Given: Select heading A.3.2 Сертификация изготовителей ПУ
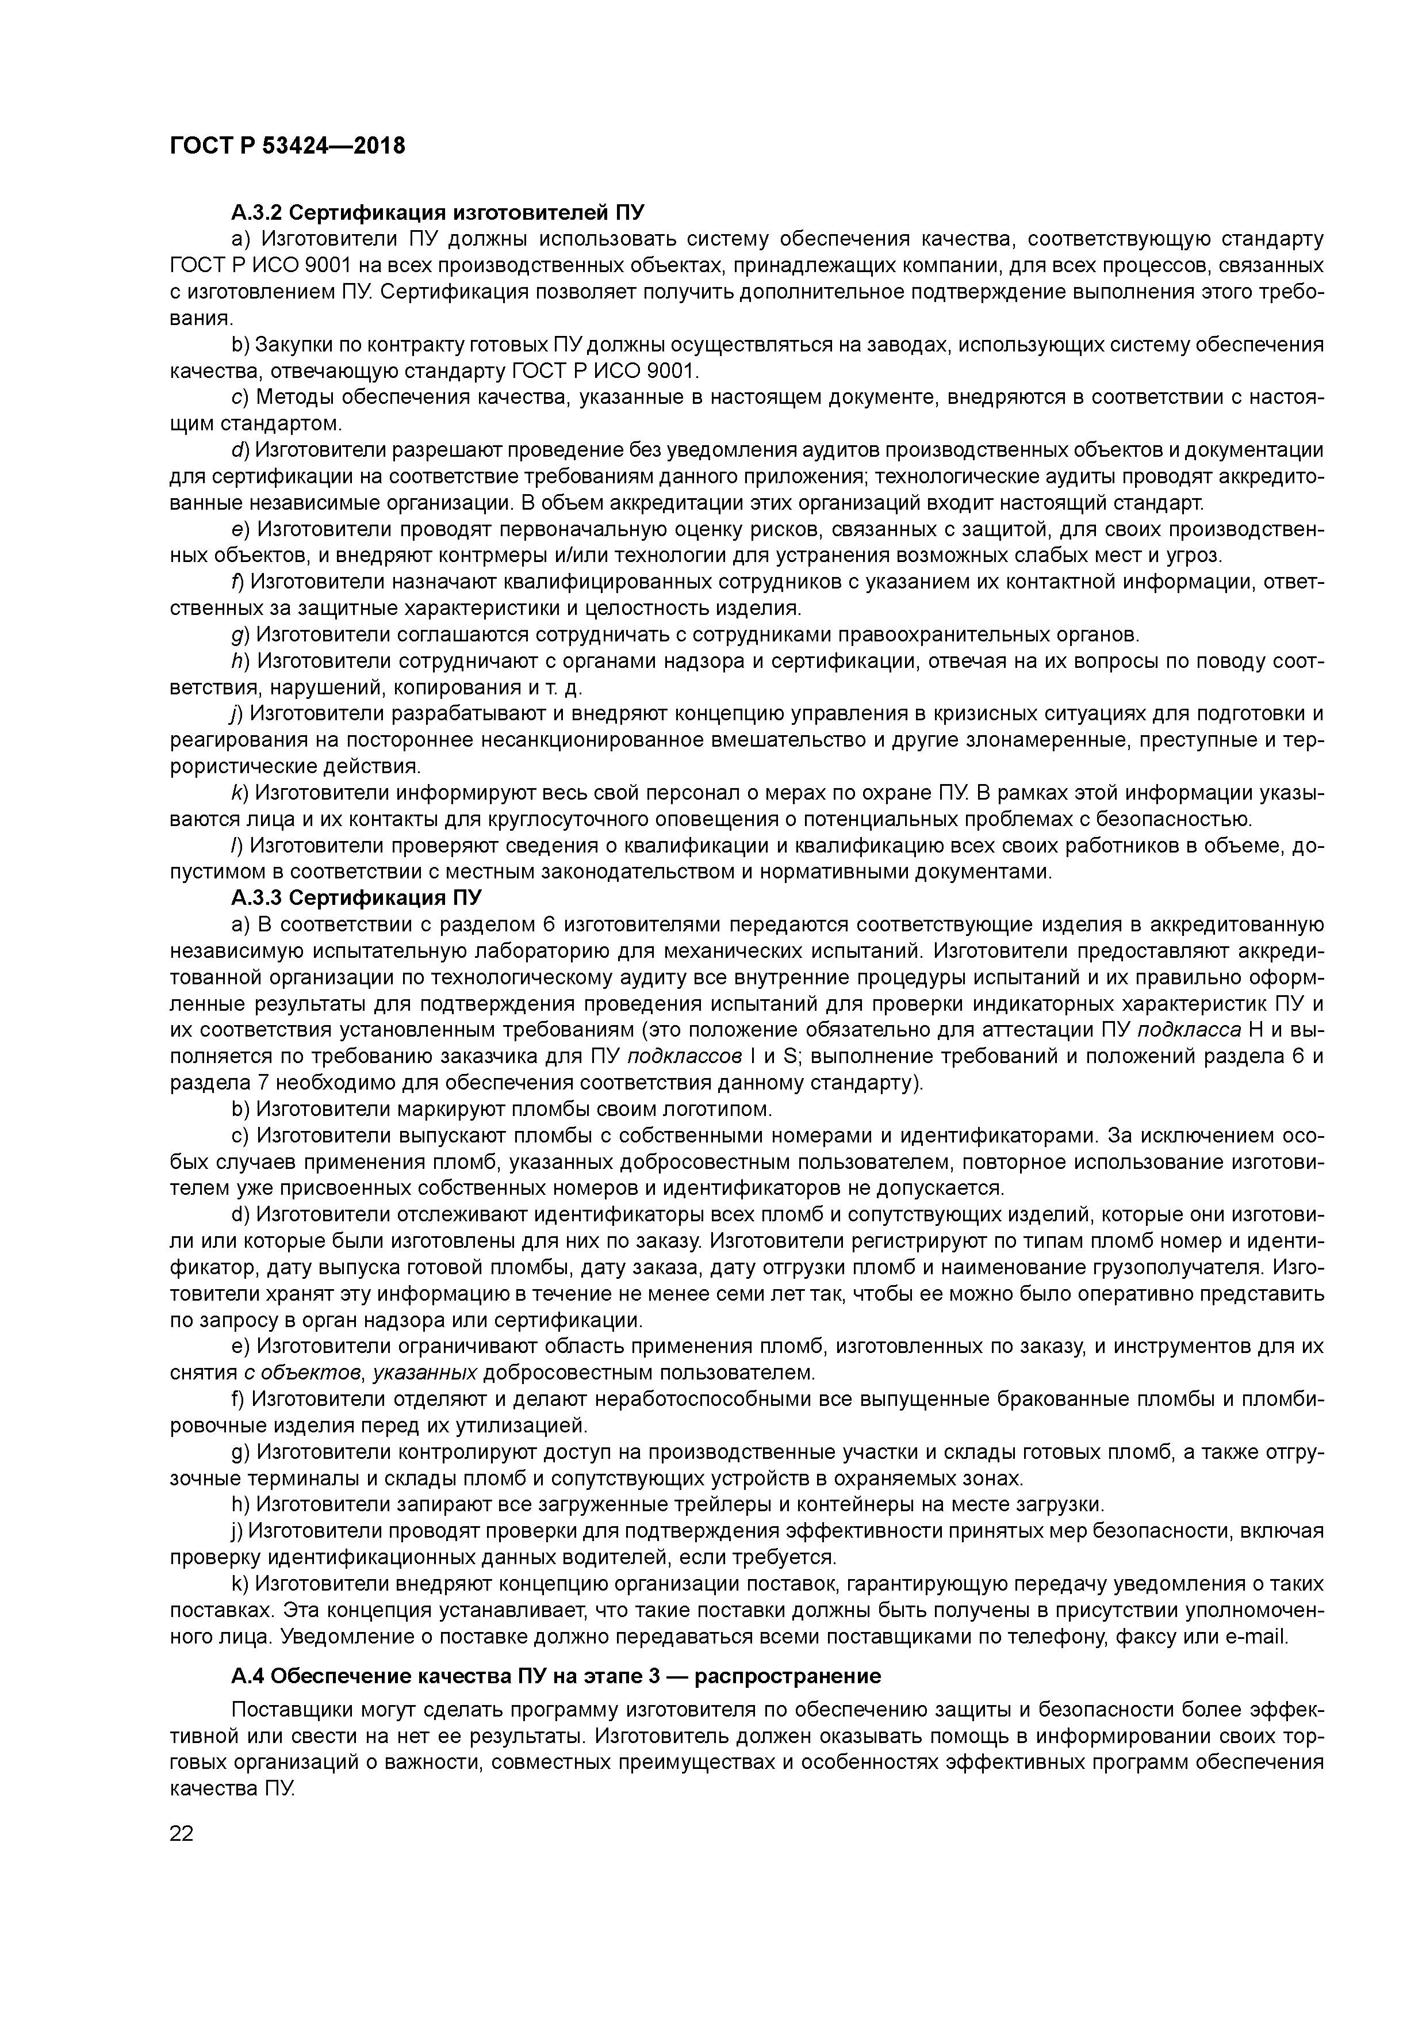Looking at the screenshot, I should pos(438,213).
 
